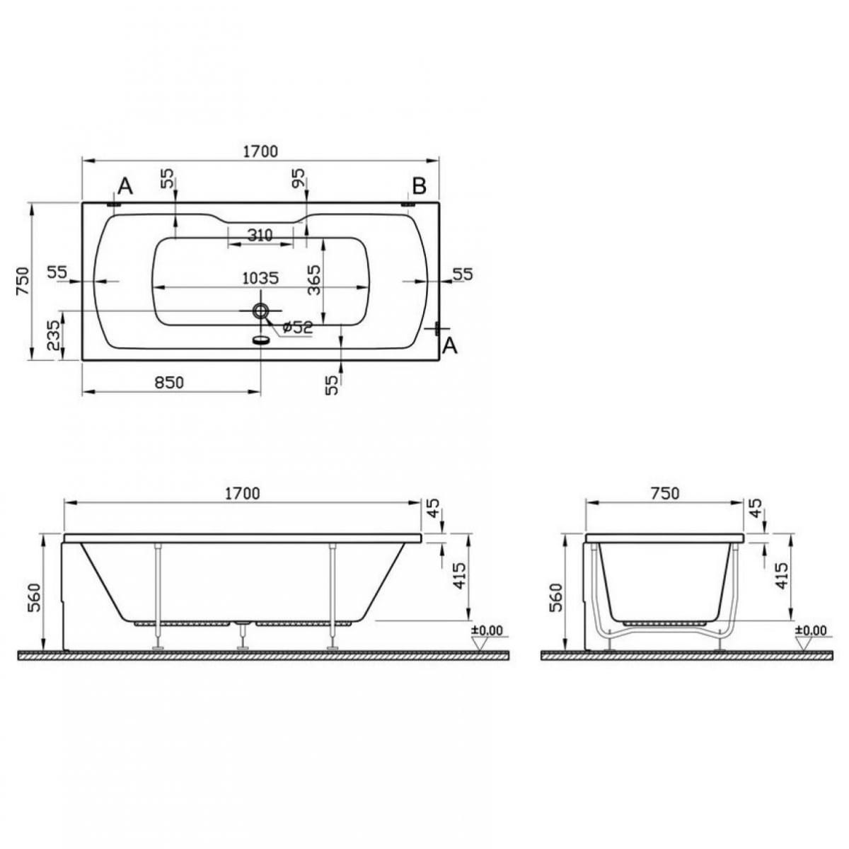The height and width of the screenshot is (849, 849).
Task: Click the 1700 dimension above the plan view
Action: coord(260,151)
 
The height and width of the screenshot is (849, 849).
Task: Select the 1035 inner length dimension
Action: coord(260,278)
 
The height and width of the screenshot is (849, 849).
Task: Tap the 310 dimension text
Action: coord(260,235)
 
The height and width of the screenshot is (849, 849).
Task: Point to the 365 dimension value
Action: coord(315,279)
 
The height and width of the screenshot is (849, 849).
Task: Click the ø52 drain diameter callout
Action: coord(297,327)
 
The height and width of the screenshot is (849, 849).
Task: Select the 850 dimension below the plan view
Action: coord(169,383)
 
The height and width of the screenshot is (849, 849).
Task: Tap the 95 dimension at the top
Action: coord(298,178)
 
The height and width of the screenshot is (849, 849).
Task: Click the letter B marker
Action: coord(420,186)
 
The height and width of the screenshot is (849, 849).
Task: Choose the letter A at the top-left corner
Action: coord(125,186)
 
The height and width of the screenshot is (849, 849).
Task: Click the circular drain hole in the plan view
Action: coord(260,311)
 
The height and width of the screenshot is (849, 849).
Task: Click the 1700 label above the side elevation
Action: coord(242,493)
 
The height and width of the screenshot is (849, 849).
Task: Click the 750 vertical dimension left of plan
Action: coord(23,281)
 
